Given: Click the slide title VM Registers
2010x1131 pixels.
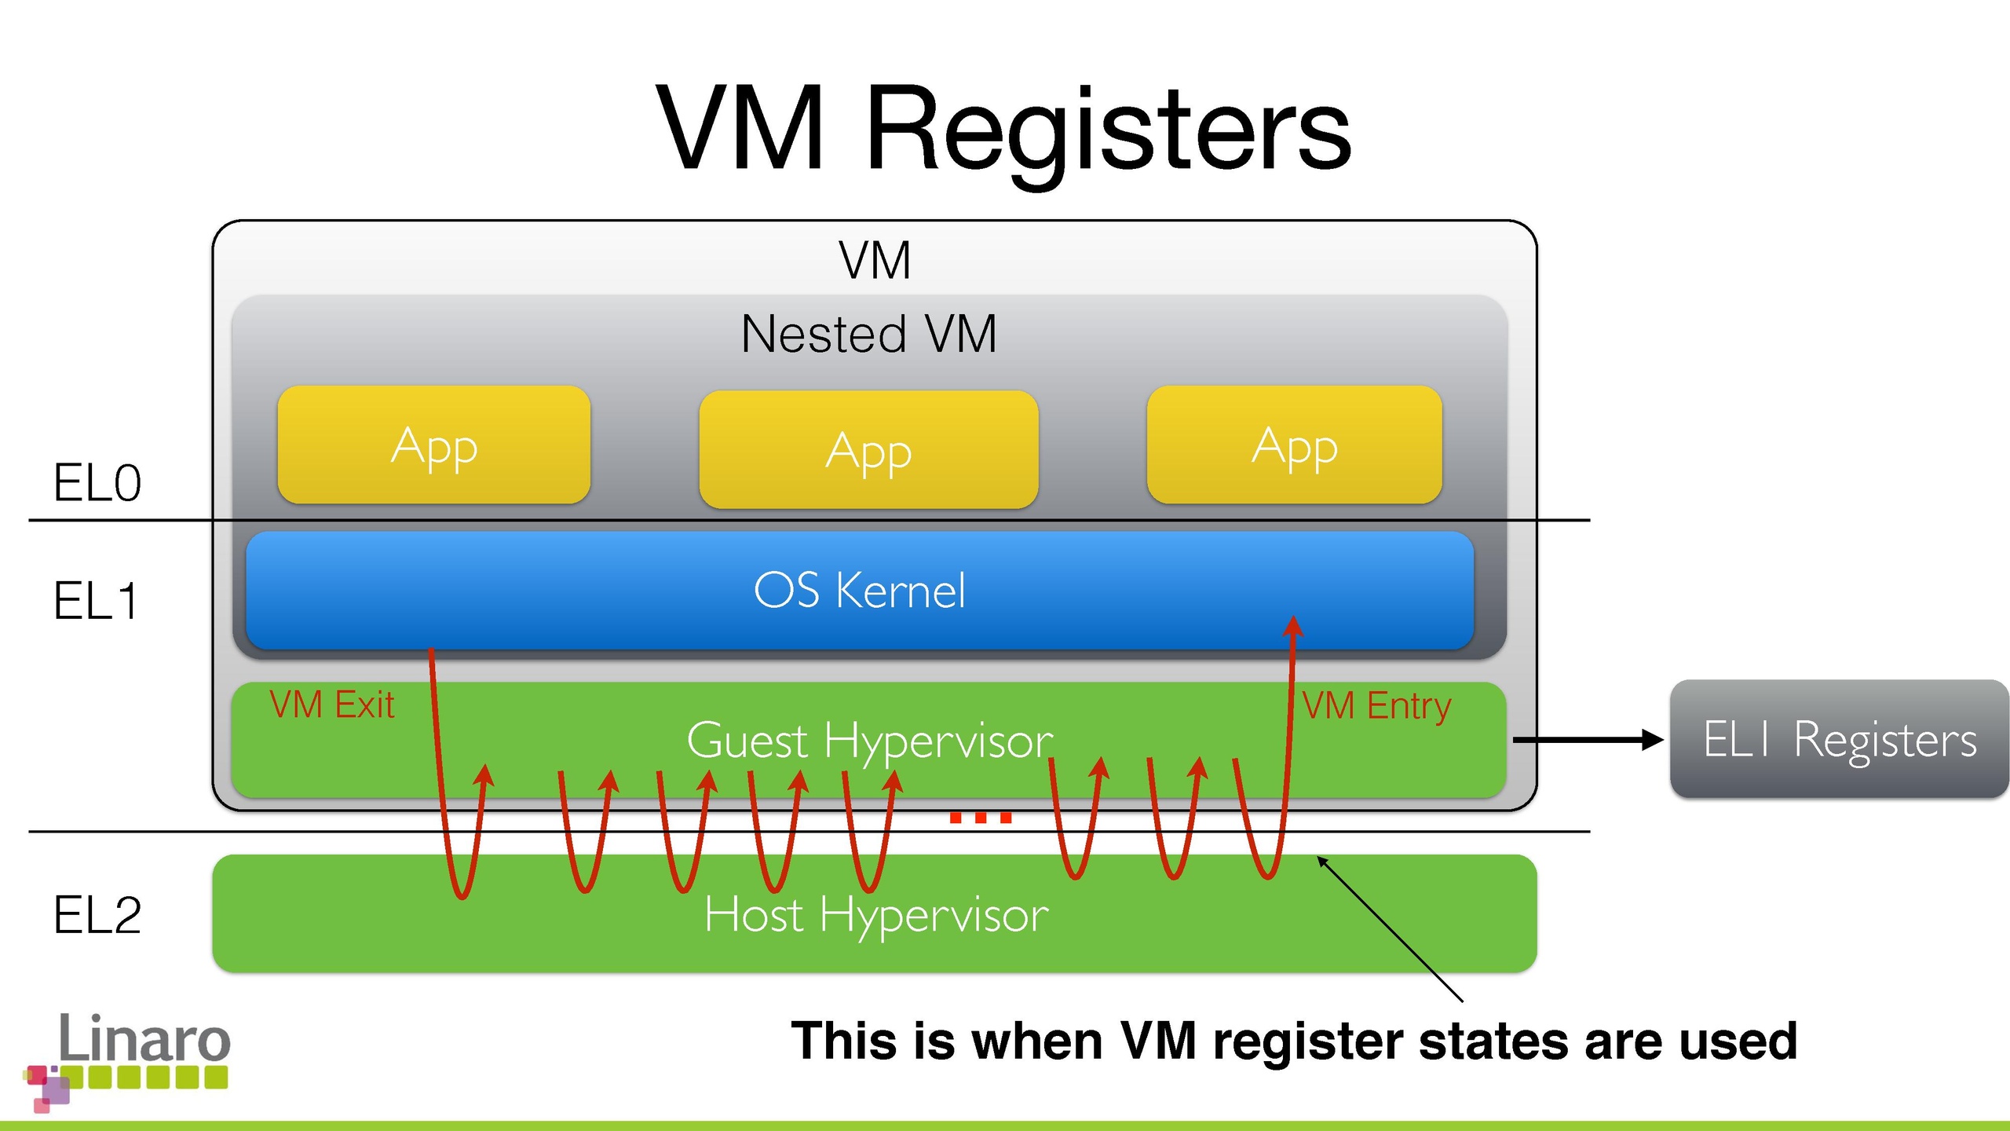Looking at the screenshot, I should click(1003, 130).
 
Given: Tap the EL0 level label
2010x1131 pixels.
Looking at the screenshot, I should click(97, 482).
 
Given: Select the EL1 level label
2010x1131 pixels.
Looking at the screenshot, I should click(96, 602).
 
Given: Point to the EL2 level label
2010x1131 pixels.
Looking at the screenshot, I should click(97, 915).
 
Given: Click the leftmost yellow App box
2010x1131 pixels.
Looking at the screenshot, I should click(433, 445).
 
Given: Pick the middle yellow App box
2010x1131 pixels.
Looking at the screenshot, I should click(868, 449).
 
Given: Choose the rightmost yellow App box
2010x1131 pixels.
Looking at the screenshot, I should click(1294, 445).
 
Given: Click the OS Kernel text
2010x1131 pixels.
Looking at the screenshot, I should click(859, 591).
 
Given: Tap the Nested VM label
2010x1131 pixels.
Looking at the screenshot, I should click(868, 334).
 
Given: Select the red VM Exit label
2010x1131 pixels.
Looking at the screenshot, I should click(331, 705).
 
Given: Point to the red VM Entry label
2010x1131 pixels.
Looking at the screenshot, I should click(1376, 706).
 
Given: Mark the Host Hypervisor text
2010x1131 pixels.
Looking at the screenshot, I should click(876, 915).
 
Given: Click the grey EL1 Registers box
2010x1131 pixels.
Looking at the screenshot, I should click(1839, 739).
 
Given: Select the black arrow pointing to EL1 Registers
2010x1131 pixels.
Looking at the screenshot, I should click(1586, 739).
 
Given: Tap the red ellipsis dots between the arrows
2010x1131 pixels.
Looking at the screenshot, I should click(981, 818).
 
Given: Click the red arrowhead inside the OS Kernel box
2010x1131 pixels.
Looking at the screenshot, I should click(1293, 626).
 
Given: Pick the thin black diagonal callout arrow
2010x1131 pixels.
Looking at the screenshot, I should click(1390, 929).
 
